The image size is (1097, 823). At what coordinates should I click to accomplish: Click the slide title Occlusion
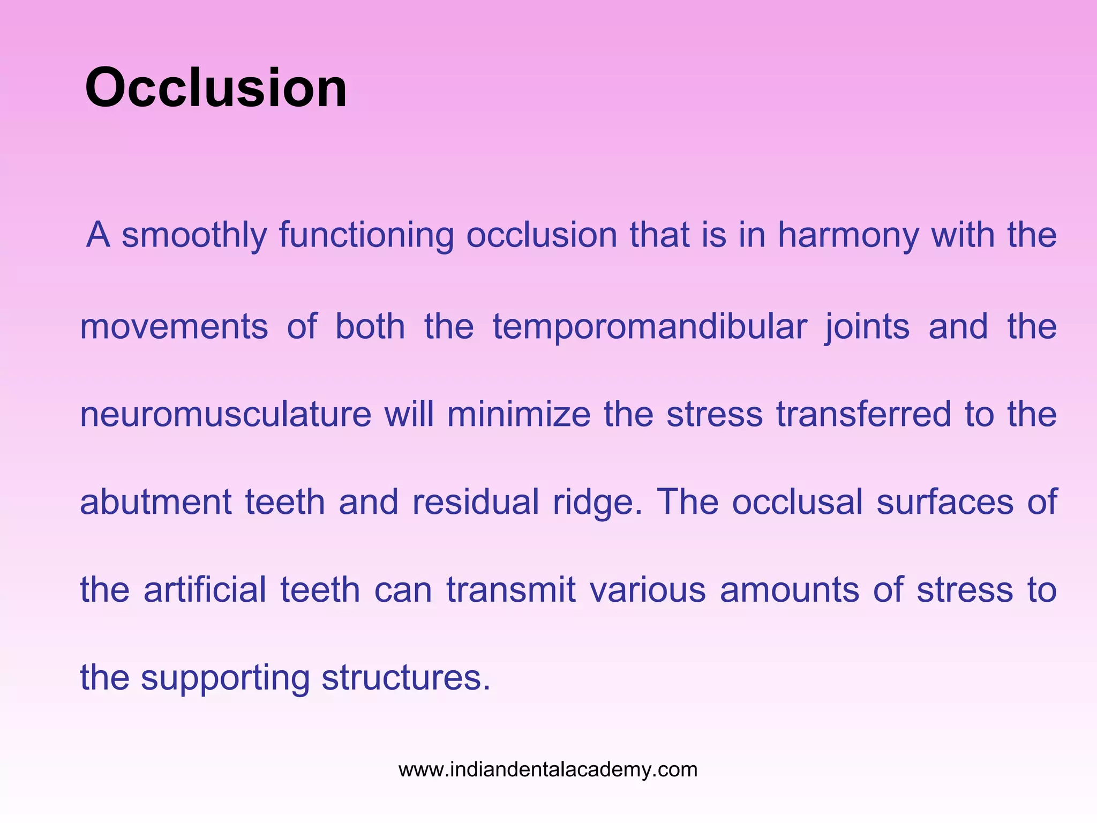click(216, 88)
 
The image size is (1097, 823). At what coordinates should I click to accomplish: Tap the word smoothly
click(194, 236)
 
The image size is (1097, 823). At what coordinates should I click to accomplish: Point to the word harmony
click(848, 236)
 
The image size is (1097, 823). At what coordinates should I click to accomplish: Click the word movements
click(174, 327)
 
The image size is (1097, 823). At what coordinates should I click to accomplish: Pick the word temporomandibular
click(649, 327)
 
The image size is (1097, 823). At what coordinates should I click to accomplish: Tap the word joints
click(866, 327)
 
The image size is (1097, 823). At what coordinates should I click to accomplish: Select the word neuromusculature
click(226, 415)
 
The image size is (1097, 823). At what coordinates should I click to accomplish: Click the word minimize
click(519, 415)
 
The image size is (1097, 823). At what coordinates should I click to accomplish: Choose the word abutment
click(155, 503)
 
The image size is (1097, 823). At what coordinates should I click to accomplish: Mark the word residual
click(475, 503)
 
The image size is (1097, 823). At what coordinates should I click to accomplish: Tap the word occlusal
click(797, 503)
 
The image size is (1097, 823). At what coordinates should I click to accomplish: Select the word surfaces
click(944, 503)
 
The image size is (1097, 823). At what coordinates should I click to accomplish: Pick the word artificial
click(205, 590)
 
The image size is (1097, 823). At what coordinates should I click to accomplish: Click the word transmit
click(511, 590)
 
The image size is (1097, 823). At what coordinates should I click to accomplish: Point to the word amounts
click(789, 590)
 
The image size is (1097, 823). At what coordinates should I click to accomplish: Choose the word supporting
click(225, 678)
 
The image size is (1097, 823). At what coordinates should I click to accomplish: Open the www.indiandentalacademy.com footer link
click(548, 770)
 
